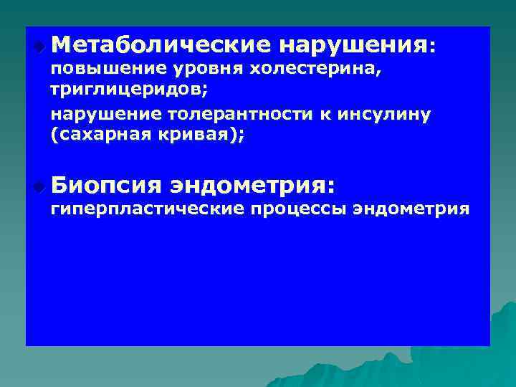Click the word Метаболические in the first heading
pos(161,46)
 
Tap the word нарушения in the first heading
pos(353,46)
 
